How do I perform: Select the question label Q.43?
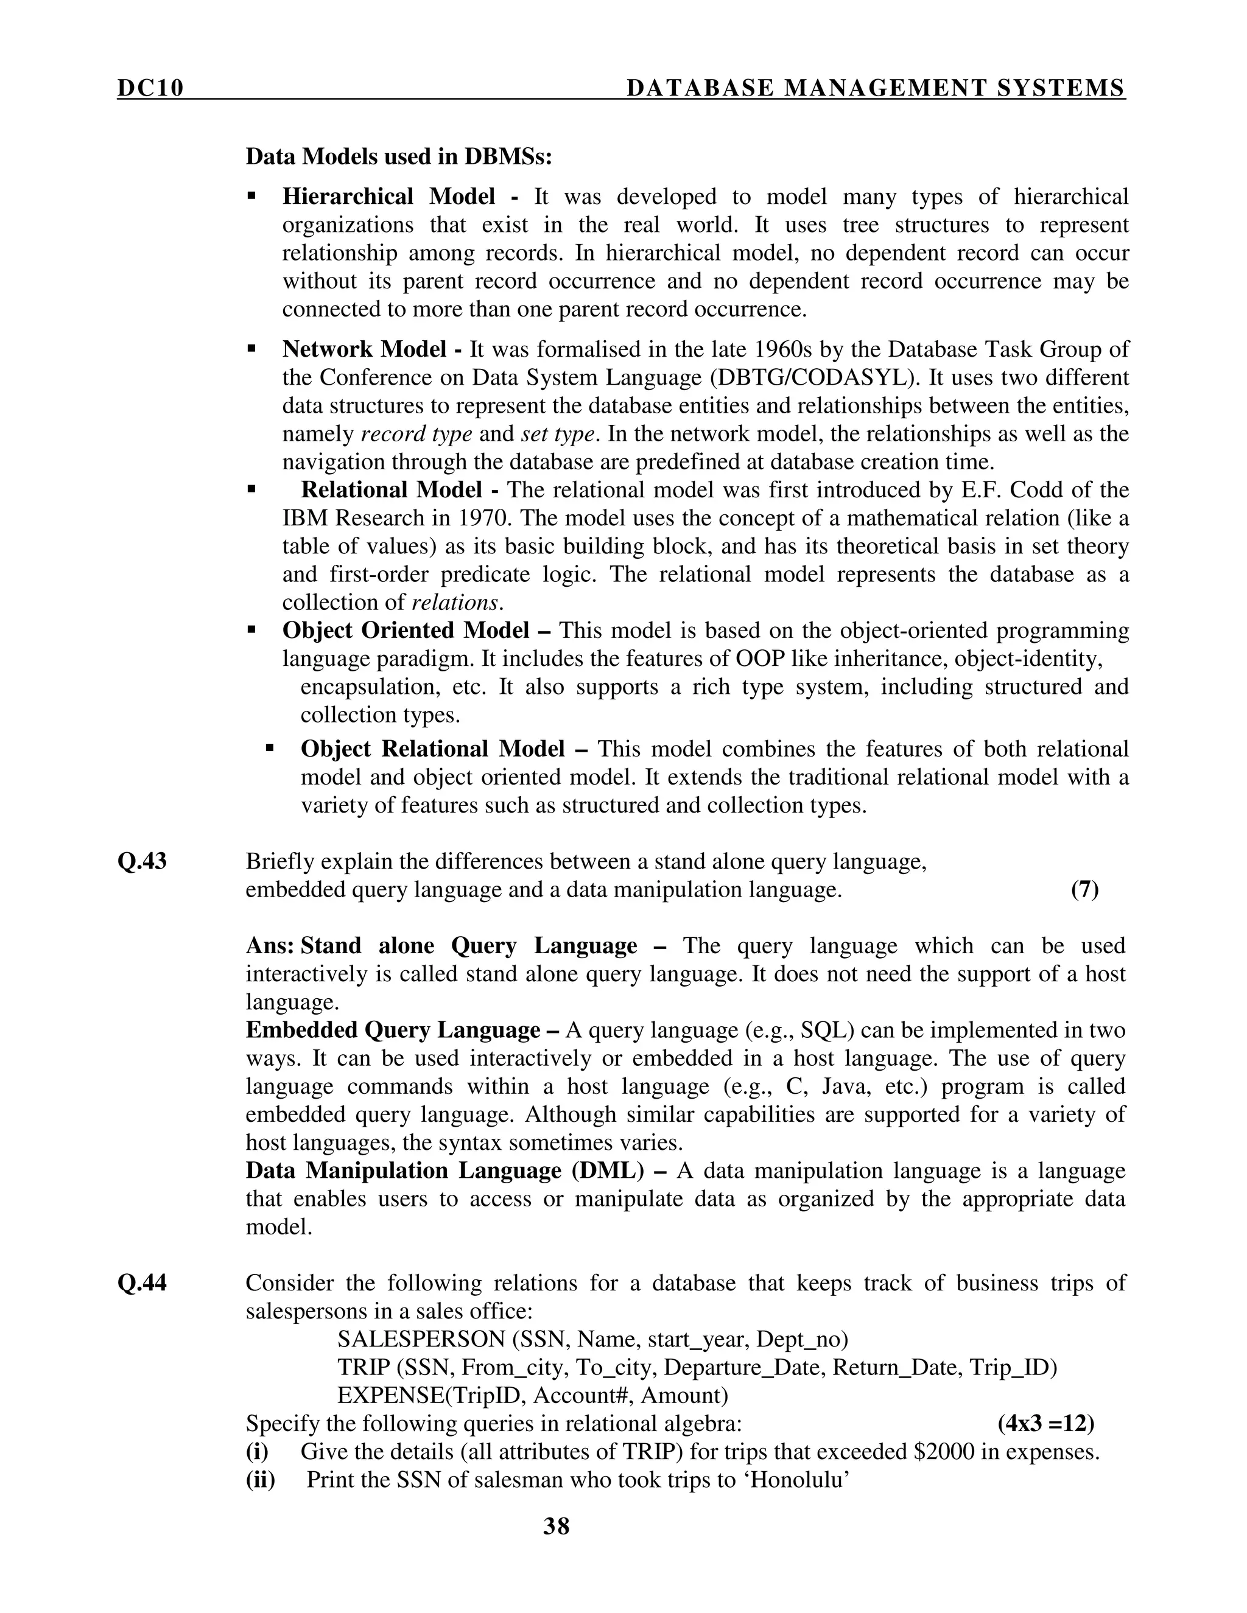coord(142,862)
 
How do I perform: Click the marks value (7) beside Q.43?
coord(1084,890)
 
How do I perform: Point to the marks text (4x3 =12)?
coord(1046,1423)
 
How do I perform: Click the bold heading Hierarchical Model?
coord(388,197)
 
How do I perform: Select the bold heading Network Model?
coord(364,349)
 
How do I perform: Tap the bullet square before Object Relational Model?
coord(270,749)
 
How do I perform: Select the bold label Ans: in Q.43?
coord(270,946)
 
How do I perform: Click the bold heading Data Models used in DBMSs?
coord(399,156)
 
